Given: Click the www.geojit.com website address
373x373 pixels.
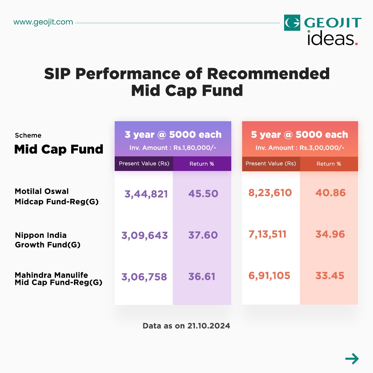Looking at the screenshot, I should click(x=43, y=22).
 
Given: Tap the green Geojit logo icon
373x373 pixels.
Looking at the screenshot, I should click(x=292, y=23).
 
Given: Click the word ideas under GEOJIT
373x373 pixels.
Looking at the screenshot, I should click(x=330, y=39).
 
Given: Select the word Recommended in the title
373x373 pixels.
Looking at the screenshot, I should click(x=268, y=74).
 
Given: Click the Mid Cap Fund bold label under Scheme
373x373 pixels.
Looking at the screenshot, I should click(x=59, y=149).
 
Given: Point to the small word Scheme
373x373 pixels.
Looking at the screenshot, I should click(x=28, y=136).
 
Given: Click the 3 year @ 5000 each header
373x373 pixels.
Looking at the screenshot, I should click(x=173, y=135).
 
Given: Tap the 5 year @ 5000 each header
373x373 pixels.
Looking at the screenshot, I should click(x=300, y=135).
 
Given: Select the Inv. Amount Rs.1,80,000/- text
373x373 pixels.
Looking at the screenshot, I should click(x=173, y=148).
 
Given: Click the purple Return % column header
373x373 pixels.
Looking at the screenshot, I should click(x=202, y=164).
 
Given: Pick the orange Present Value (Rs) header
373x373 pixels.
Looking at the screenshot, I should click(x=271, y=163).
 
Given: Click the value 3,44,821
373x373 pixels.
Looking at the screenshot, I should click(x=146, y=194).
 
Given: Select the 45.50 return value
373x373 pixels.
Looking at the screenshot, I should click(x=203, y=194).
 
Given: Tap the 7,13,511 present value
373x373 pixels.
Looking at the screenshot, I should click(x=267, y=234).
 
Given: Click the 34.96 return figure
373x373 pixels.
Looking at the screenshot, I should click(x=330, y=234).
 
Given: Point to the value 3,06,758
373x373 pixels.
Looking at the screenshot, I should click(x=144, y=277).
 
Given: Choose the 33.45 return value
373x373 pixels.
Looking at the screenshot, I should click(x=330, y=276).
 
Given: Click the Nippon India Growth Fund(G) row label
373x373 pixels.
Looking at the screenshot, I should click(x=48, y=240).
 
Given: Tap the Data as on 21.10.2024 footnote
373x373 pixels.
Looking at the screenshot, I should click(x=186, y=326).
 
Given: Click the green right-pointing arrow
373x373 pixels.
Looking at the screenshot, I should click(x=352, y=359).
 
